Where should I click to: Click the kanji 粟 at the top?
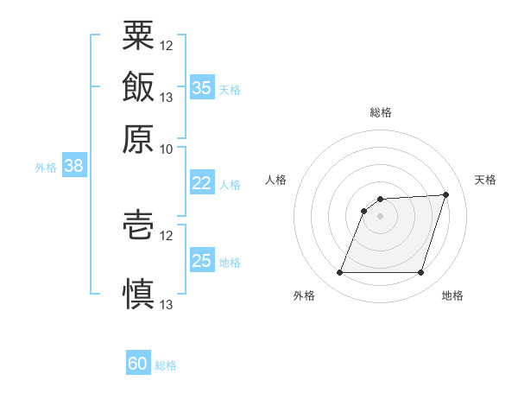point(138,35)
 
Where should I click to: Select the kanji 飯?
point(138,86)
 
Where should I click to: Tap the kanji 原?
point(138,139)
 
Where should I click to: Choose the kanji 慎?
point(138,294)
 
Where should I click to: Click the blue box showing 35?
point(202,86)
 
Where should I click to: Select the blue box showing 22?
point(202,182)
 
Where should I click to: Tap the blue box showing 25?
point(202,259)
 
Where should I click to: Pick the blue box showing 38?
point(74,165)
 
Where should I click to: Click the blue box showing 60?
point(138,362)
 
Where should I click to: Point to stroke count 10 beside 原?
point(166,149)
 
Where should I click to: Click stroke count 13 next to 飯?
point(166,98)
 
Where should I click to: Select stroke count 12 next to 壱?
point(166,236)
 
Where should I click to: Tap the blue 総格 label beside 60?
point(166,365)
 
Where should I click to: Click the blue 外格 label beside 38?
point(46,168)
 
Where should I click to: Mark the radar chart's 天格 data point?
point(445,194)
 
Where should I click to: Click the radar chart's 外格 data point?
point(339,272)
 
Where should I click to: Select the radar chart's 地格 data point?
point(420,272)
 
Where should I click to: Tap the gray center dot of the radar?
point(380,216)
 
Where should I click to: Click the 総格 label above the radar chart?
point(381,112)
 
